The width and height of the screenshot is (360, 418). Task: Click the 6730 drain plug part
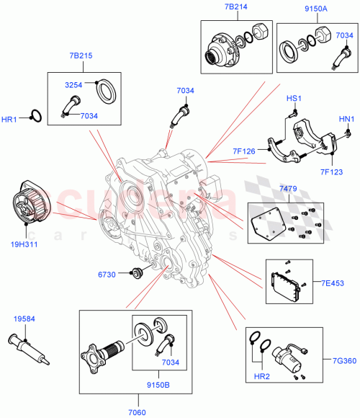[x=135, y=274]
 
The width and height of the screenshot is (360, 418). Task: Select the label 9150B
[x=159, y=385]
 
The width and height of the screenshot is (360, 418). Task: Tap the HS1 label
[x=293, y=98]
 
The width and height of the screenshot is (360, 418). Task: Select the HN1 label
[x=346, y=119]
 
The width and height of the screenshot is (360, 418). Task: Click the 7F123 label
[x=330, y=171]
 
